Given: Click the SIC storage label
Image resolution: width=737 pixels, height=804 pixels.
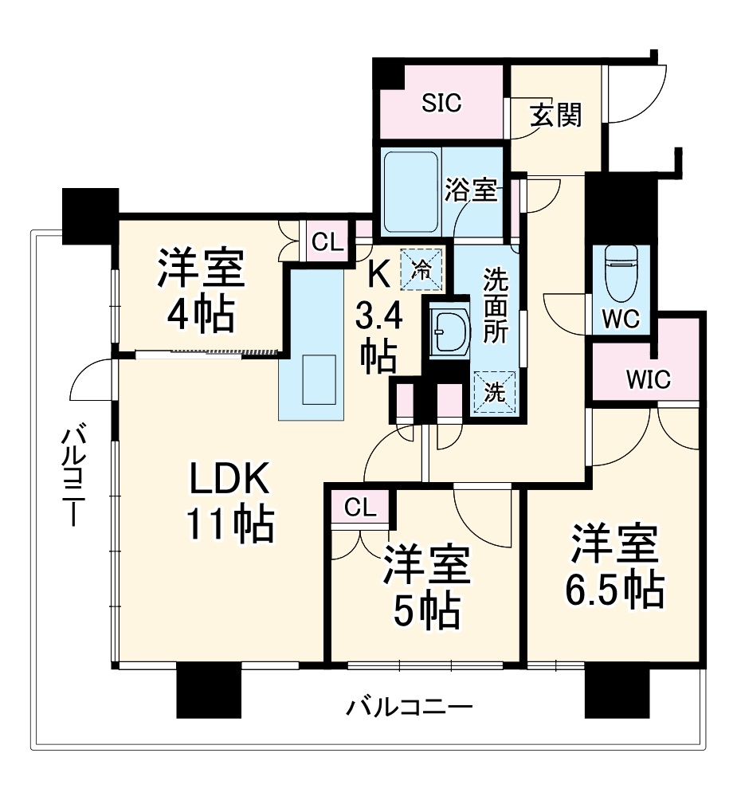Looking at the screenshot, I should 441,103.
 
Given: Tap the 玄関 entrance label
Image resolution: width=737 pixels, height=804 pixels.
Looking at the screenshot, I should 556,116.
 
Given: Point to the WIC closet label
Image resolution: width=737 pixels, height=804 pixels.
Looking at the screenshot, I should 649,378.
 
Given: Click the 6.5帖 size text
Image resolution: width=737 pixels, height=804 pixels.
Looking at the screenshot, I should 614,590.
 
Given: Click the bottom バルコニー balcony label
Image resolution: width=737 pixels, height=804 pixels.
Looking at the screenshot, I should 410,707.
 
